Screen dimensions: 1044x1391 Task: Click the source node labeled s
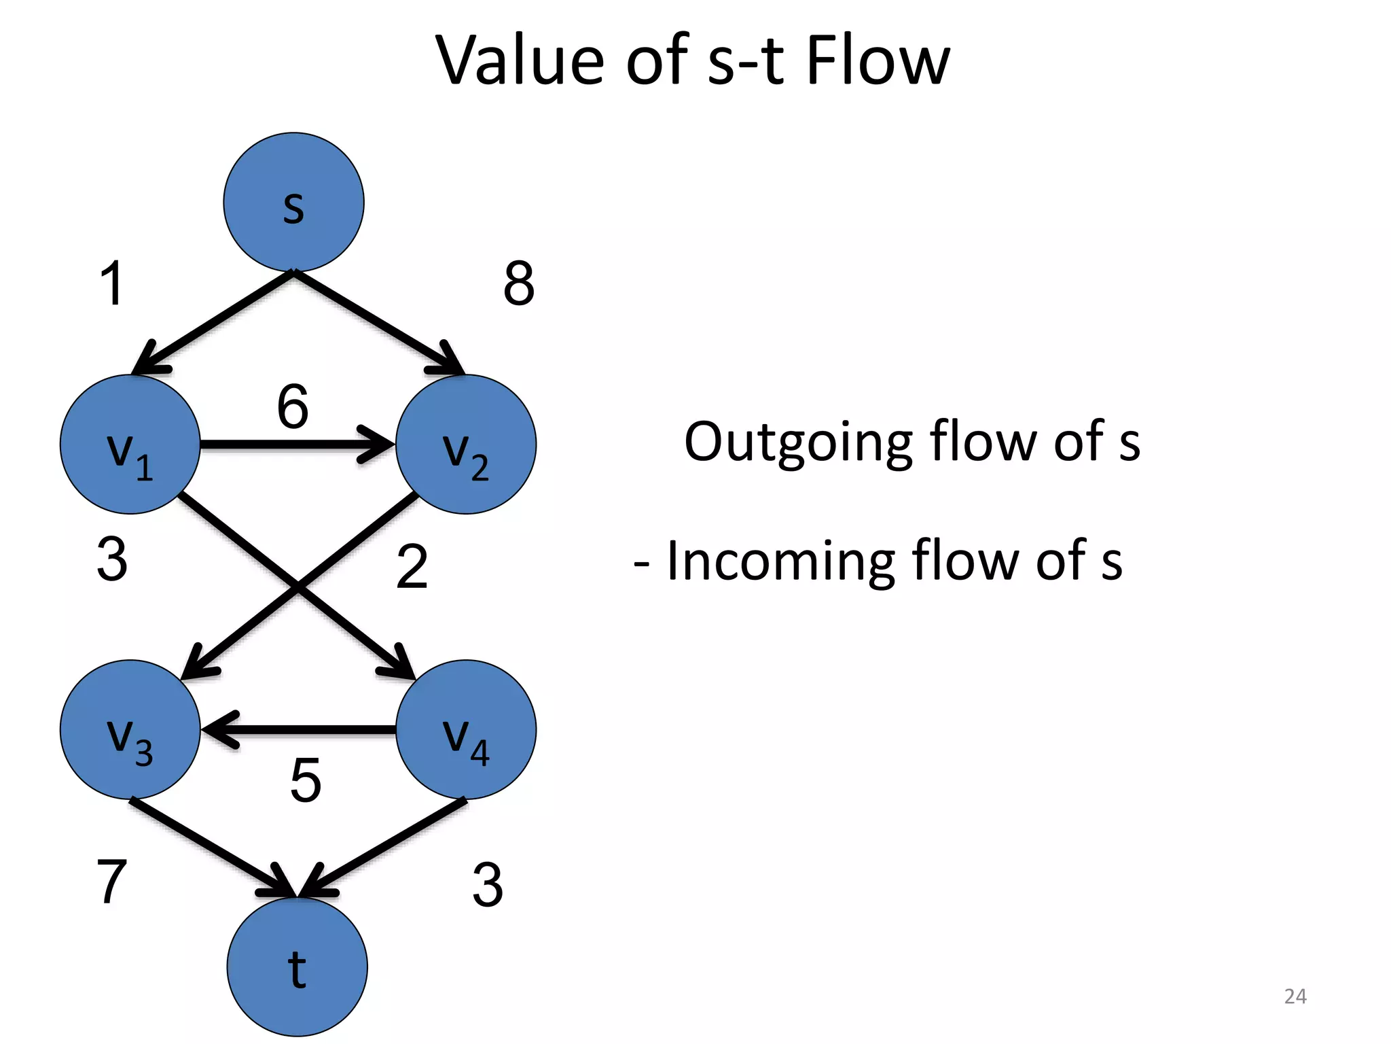[x=293, y=203]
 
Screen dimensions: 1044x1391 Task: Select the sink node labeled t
[x=297, y=967]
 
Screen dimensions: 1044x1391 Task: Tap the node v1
[x=130, y=445]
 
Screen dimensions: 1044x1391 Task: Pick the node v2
[x=466, y=445]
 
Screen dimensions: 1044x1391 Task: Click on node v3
[x=130, y=730]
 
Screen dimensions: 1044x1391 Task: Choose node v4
[x=466, y=730]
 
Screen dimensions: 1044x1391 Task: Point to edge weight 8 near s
[x=519, y=283]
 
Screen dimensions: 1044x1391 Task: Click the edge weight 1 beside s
[x=112, y=283]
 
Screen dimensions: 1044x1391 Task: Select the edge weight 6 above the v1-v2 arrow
[x=293, y=406]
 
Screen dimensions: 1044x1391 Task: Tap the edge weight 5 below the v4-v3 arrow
[x=306, y=780]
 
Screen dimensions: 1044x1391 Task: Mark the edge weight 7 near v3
[x=112, y=882]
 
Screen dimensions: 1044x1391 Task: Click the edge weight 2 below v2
[x=412, y=566]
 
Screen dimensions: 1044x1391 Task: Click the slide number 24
[x=1295, y=996]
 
